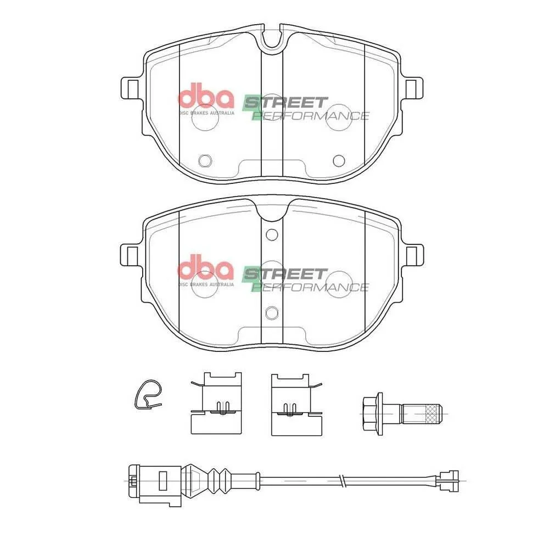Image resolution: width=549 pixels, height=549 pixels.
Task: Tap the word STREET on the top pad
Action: point(285,103)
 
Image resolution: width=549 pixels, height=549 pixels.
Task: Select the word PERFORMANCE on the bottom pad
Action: point(311,287)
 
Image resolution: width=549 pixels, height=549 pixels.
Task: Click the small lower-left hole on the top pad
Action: point(205,161)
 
